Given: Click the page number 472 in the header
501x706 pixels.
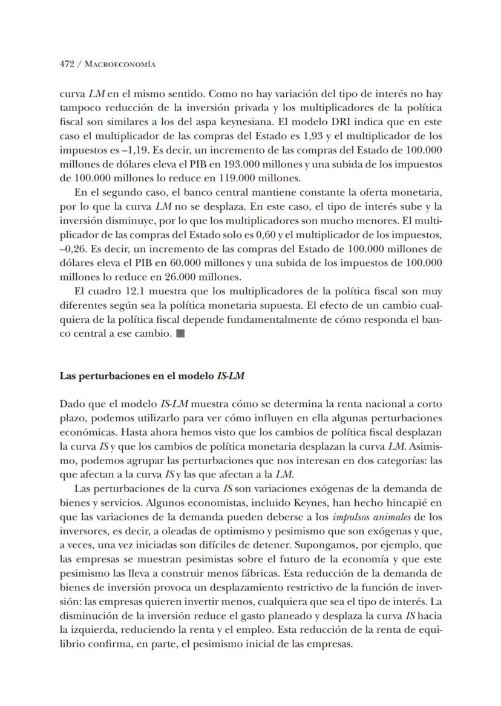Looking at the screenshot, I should coord(67,64).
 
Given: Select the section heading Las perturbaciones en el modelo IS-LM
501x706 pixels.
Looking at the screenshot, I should coord(152,375).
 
